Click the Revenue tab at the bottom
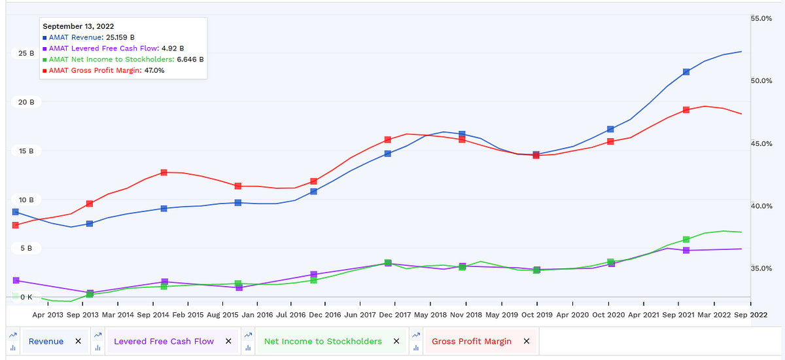click(x=46, y=341)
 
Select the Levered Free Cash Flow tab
click(x=164, y=341)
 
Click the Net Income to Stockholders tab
click(x=323, y=341)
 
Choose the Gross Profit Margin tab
click(x=472, y=341)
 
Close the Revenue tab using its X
click(x=78, y=341)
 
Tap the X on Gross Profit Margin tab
click(x=527, y=341)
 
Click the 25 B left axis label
click(x=26, y=53)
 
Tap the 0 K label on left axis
click(x=26, y=297)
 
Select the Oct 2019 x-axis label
click(x=536, y=314)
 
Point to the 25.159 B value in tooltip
click(x=120, y=37)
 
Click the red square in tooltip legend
click(x=44, y=70)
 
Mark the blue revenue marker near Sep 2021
click(x=686, y=72)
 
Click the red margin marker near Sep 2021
click(x=686, y=110)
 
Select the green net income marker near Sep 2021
click(x=686, y=240)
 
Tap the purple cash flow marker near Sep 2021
click(x=686, y=250)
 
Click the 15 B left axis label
click(x=26, y=151)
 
